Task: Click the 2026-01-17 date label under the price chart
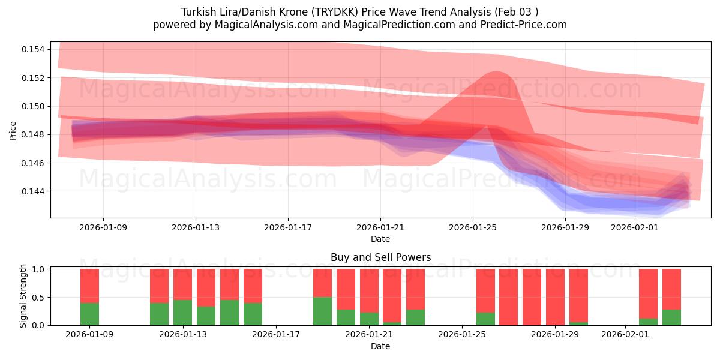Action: pyautogui.click(x=288, y=227)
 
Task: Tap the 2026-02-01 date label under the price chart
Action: pyautogui.click(x=635, y=227)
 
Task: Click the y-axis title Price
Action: pyautogui.click(x=13, y=130)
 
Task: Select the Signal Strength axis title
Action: pyautogui.click(x=23, y=296)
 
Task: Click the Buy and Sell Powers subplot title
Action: pyautogui.click(x=380, y=257)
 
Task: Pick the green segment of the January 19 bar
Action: pyautogui.click(x=322, y=311)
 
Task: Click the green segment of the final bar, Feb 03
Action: pyautogui.click(x=671, y=317)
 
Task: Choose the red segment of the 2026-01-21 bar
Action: pyautogui.click(x=369, y=290)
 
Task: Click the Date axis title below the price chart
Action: pyautogui.click(x=380, y=239)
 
